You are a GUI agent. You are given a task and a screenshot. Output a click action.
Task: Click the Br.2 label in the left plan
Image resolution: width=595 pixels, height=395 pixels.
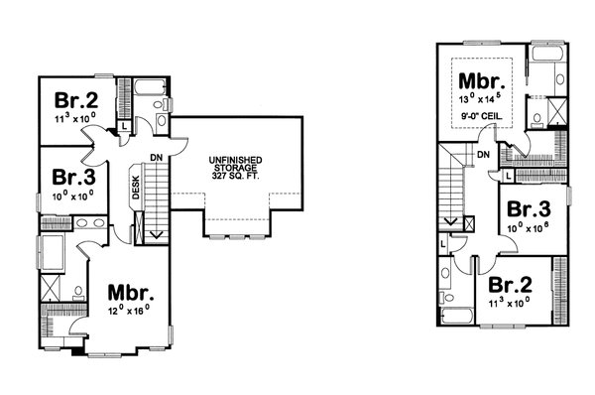(74, 100)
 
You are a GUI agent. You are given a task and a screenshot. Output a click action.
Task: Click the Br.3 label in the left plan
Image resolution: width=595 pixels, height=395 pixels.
(74, 178)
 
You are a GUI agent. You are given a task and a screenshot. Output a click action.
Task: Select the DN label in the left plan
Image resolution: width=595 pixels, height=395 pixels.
(157, 158)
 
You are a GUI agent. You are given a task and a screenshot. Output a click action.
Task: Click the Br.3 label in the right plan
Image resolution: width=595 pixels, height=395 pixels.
(529, 210)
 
